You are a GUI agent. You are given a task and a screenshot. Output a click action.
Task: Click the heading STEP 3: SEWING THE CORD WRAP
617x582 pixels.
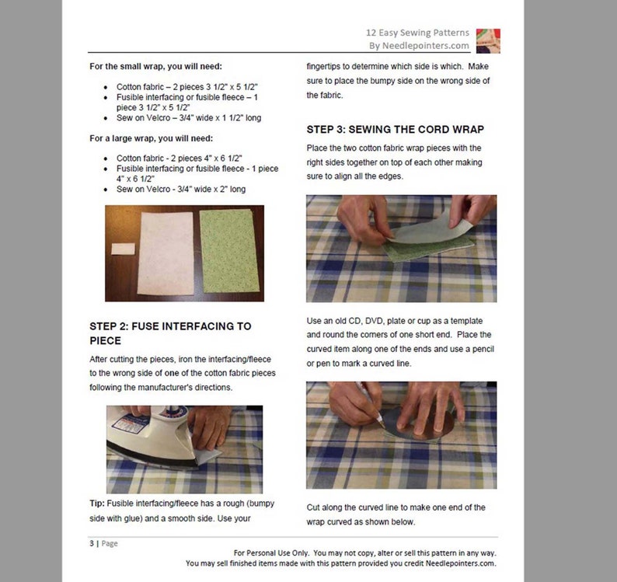(x=395, y=129)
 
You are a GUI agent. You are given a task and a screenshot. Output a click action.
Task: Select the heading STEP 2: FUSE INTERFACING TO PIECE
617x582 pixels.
(x=170, y=333)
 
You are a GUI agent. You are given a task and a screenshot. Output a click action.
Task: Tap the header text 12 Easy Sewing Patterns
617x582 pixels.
(x=417, y=33)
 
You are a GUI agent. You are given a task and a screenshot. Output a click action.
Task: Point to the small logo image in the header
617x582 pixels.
(x=487, y=40)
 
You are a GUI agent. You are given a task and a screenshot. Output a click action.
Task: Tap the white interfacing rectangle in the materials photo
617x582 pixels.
(x=164, y=249)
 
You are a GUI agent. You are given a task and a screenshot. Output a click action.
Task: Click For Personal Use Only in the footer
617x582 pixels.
(x=269, y=552)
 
